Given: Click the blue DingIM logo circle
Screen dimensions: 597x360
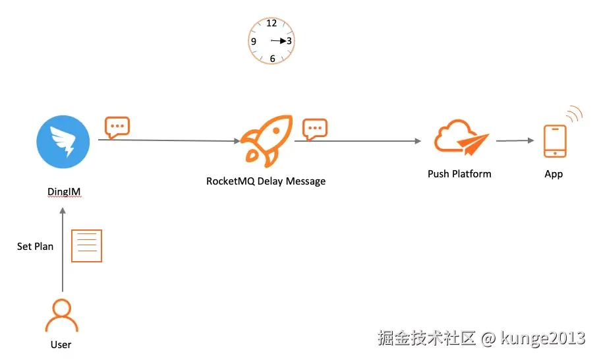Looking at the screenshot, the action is [x=63, y=142].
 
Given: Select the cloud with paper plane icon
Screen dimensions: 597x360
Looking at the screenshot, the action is [x=461, y=138].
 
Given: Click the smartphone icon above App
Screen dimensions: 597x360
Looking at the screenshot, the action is [x=555, y=141].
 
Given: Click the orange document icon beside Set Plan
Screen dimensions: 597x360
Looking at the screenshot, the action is [x=87, y=246].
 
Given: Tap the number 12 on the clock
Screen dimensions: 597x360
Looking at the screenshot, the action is [x=271, y=23].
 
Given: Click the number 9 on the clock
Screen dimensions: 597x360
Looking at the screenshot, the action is [x=254, y=42].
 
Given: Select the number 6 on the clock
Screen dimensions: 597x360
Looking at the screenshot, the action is [x=272, y=59].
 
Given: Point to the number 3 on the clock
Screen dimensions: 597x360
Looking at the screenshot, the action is [x=289, y=41].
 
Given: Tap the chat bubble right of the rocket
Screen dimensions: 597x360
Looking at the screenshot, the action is [x=315, y=129].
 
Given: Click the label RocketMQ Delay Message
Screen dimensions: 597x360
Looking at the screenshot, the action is [x=266, y=181].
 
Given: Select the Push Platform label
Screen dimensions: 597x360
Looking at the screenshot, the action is [x=459, y=174].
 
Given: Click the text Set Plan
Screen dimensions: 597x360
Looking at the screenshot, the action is [x=35, y=247].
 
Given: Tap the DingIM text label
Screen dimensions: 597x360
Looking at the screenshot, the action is [x=64, y=192].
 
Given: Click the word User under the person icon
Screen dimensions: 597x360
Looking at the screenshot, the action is [x=61, y=345].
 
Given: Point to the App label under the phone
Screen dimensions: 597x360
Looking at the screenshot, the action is [x=554, y=175].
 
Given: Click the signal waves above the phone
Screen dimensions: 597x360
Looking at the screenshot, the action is [x=575, y=113].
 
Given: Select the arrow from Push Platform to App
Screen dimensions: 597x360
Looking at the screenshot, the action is [x=515, y=140].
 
